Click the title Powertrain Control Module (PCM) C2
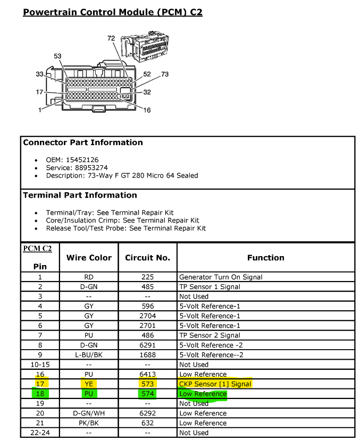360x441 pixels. [113, 12]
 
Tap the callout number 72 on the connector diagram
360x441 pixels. [111, 38]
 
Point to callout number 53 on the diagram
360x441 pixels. [57, 56]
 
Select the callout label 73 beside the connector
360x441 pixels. [165, 74]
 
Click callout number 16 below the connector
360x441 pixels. [147, 110]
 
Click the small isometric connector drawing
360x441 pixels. [145, 46]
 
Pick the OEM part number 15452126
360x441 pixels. [82, 160]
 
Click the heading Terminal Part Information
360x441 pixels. [80, 195]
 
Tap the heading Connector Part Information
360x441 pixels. [83, 142]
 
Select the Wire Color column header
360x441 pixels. [89, 258]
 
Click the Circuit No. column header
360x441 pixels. [147, 258]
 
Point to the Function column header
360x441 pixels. [266, 258]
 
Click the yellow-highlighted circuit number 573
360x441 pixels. [147, 384]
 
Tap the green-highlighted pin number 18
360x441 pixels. [40, 394]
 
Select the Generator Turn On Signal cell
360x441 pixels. [221, 277]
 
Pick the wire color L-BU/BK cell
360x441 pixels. [89, 354]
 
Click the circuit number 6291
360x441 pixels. [147, 345]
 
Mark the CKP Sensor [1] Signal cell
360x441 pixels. [215, 384]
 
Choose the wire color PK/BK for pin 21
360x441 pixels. [89, 423]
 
